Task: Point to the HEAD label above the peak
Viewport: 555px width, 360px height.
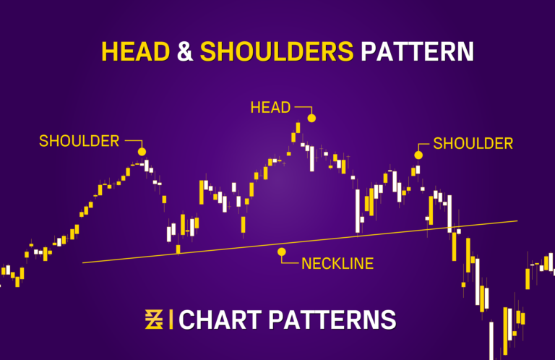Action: pyautogui.click(x=270, y=108)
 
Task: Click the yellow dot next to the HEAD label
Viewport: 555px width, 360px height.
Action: pyautogui.click(x=311, y=118)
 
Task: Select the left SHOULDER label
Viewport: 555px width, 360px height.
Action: pyautogui.click(x=79, y=141)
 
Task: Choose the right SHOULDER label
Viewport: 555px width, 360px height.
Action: pyautogui.click(x=473, y=143)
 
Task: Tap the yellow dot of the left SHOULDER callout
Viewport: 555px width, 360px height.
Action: pyautogui.click(x=142, y=152)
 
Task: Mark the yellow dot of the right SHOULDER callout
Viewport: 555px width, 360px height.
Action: pyautogui.click(x=418, y=155)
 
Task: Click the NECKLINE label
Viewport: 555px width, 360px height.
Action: pyautogui.click(x=337, y=264)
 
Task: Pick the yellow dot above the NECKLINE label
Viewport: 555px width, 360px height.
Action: pyautogui.click(x=282, y=252)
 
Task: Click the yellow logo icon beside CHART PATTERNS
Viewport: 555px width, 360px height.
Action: pyautogui.click(x=154, y=319)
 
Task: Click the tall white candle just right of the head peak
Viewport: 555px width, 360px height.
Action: pyautogui.click(x=311, y=158)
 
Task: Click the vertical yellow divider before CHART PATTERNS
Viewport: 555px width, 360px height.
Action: pyautogui.click(x=171, y=319)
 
